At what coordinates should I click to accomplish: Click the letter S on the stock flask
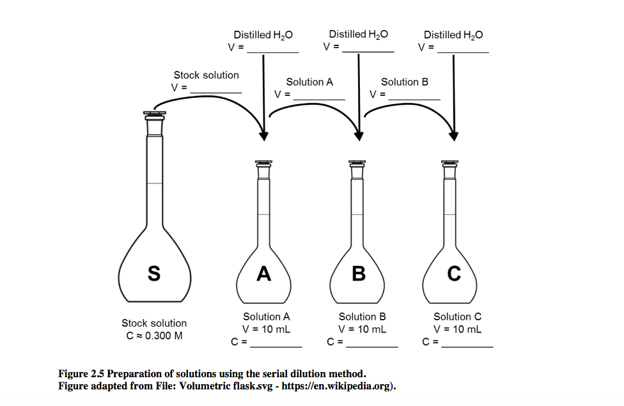tap(154, 274)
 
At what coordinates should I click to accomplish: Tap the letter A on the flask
tap(263, 274)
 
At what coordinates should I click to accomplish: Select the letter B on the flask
tap(359, 274)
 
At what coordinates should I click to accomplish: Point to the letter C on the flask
tap(454, 274)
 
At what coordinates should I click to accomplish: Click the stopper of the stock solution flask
tap(154, 116)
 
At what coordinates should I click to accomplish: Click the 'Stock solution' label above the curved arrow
tap(206, 75)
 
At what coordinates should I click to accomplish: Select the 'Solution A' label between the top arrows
tap(309, 82)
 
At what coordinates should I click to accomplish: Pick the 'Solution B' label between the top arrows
tap(405, 82)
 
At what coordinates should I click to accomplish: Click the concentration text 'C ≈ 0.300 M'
tap(154, 336)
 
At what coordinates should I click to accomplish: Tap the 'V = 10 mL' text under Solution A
tap(267, 329)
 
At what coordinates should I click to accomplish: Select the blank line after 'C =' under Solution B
tap(372, 345)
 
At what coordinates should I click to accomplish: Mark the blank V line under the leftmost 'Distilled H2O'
tap(272, 51)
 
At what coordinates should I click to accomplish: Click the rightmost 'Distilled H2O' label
tap(453, 35)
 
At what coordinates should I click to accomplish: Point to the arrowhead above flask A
tap(263, 136)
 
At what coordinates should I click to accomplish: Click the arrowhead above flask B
tap(359, 136)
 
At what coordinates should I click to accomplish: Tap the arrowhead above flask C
tap(454, 136)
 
